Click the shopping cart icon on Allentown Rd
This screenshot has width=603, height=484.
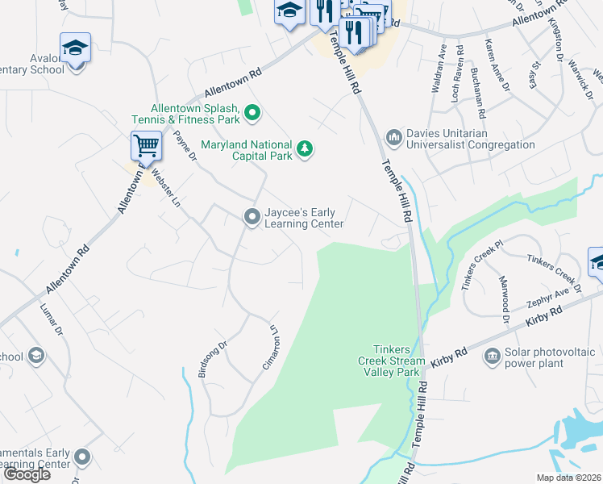coord(146,146)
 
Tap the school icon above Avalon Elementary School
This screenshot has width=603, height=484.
coord(75,48)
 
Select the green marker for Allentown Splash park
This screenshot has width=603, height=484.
coord(252,111)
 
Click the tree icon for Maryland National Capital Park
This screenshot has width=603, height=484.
coord(304,148)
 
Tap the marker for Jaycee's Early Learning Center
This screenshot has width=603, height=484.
coord(252,216)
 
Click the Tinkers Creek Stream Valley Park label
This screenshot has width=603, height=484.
coord(389,361)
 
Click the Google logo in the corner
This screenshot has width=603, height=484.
coord(27,474)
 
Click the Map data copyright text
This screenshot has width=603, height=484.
coord(568,478)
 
